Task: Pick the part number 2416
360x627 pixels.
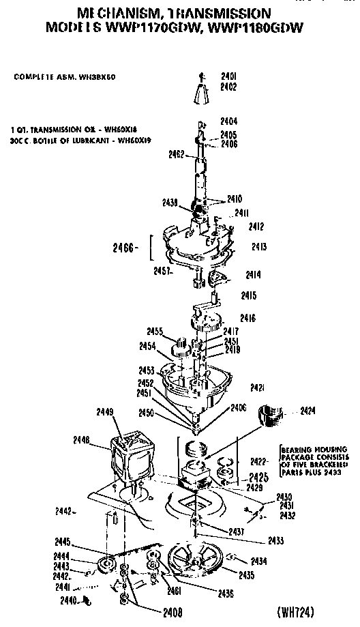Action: pyautogui.click(x=247, y=318)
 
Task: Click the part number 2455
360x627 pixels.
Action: pyautogui.click(x=157, y=332)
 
